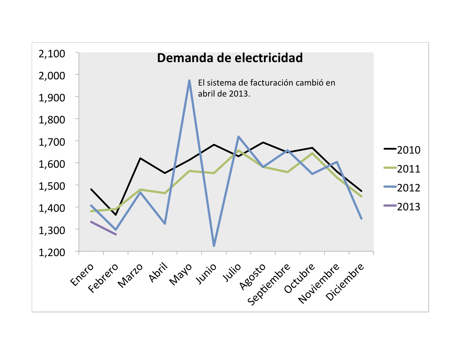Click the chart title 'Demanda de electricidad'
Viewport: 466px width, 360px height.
tap(230, 58)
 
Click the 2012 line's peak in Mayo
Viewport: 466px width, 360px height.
tap(189, 81)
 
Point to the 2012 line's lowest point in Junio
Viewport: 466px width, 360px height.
tap(214, 246)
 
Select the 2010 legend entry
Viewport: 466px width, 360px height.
tap(402, 150)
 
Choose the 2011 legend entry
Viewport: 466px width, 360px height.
tap(402, 169)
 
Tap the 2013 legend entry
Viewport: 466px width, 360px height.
tap(402, 207)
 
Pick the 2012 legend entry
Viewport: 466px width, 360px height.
tap(402, 188)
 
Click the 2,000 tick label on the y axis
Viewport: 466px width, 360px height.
tap(52, 76)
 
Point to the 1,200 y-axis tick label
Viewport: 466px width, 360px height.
tap(52, 252)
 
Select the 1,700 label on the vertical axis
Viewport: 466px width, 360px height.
tap(52, 142)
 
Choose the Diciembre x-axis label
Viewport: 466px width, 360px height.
tap(345, 282)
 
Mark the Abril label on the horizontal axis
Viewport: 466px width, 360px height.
tap(158, 272)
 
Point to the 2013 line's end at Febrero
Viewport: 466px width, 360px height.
tap(116, 234)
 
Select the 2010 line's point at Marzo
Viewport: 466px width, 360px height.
tap(140, 158)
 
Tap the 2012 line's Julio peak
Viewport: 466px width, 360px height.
tap(239, 136)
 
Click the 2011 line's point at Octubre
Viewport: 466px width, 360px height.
tap(312, 153)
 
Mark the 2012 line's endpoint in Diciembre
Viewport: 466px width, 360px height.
tap(361, 219)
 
